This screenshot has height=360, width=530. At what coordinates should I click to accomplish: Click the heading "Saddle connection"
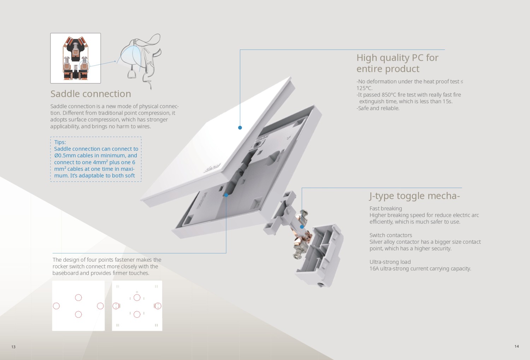point(90,94)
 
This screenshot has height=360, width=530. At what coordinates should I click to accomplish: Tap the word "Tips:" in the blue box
point(60,142)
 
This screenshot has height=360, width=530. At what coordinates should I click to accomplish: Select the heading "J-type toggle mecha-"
point(414,196)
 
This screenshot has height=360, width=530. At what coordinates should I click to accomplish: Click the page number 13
point(13,347)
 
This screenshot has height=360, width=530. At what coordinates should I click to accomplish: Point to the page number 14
point(517,346)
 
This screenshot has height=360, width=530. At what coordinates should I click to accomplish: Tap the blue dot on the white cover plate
point(240,128)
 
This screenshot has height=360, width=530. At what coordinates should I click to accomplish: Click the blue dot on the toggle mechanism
point(302,227)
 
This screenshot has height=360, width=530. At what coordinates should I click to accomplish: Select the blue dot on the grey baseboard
point(226,195)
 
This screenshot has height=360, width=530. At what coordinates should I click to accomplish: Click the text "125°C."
point(365,88)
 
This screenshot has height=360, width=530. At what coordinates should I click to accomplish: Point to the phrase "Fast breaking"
point(386,208)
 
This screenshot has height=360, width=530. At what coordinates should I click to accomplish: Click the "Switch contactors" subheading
point(391,235)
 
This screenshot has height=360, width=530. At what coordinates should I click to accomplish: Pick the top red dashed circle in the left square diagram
point(78,297)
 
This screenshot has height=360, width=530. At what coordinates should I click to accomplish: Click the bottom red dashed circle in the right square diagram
point(137,314)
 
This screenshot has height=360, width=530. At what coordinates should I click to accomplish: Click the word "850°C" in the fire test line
point(389,95)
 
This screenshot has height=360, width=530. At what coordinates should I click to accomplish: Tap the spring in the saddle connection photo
point(76,69)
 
